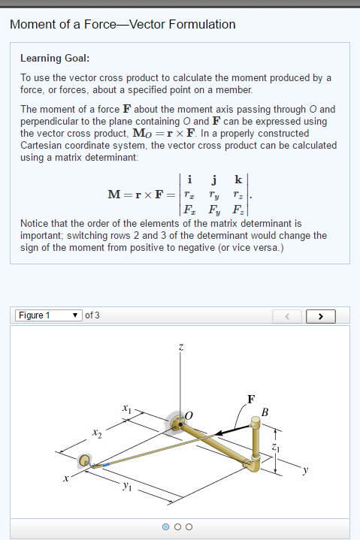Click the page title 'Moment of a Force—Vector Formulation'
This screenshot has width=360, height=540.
click(x=123, y=25)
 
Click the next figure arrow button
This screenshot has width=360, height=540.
click(x=321, y=315)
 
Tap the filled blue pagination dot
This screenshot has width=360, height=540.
click(x=165, y=526)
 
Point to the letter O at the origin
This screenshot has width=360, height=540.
click(x=189, y=415)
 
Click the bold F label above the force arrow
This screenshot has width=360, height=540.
click(x=250, y=398)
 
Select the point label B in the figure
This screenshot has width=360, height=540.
click(x=265, y=411)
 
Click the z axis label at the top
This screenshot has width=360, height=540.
click(x=180, y=347)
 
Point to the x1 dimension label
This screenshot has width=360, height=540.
click(x=127, y=409)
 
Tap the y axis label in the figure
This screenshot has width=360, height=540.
click(x=305, y=470)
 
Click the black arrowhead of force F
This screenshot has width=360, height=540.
click(x=219, y=433)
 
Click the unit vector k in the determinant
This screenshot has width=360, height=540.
click(x=238, y=180)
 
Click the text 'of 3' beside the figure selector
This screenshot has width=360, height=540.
click(x=92, y=315)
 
